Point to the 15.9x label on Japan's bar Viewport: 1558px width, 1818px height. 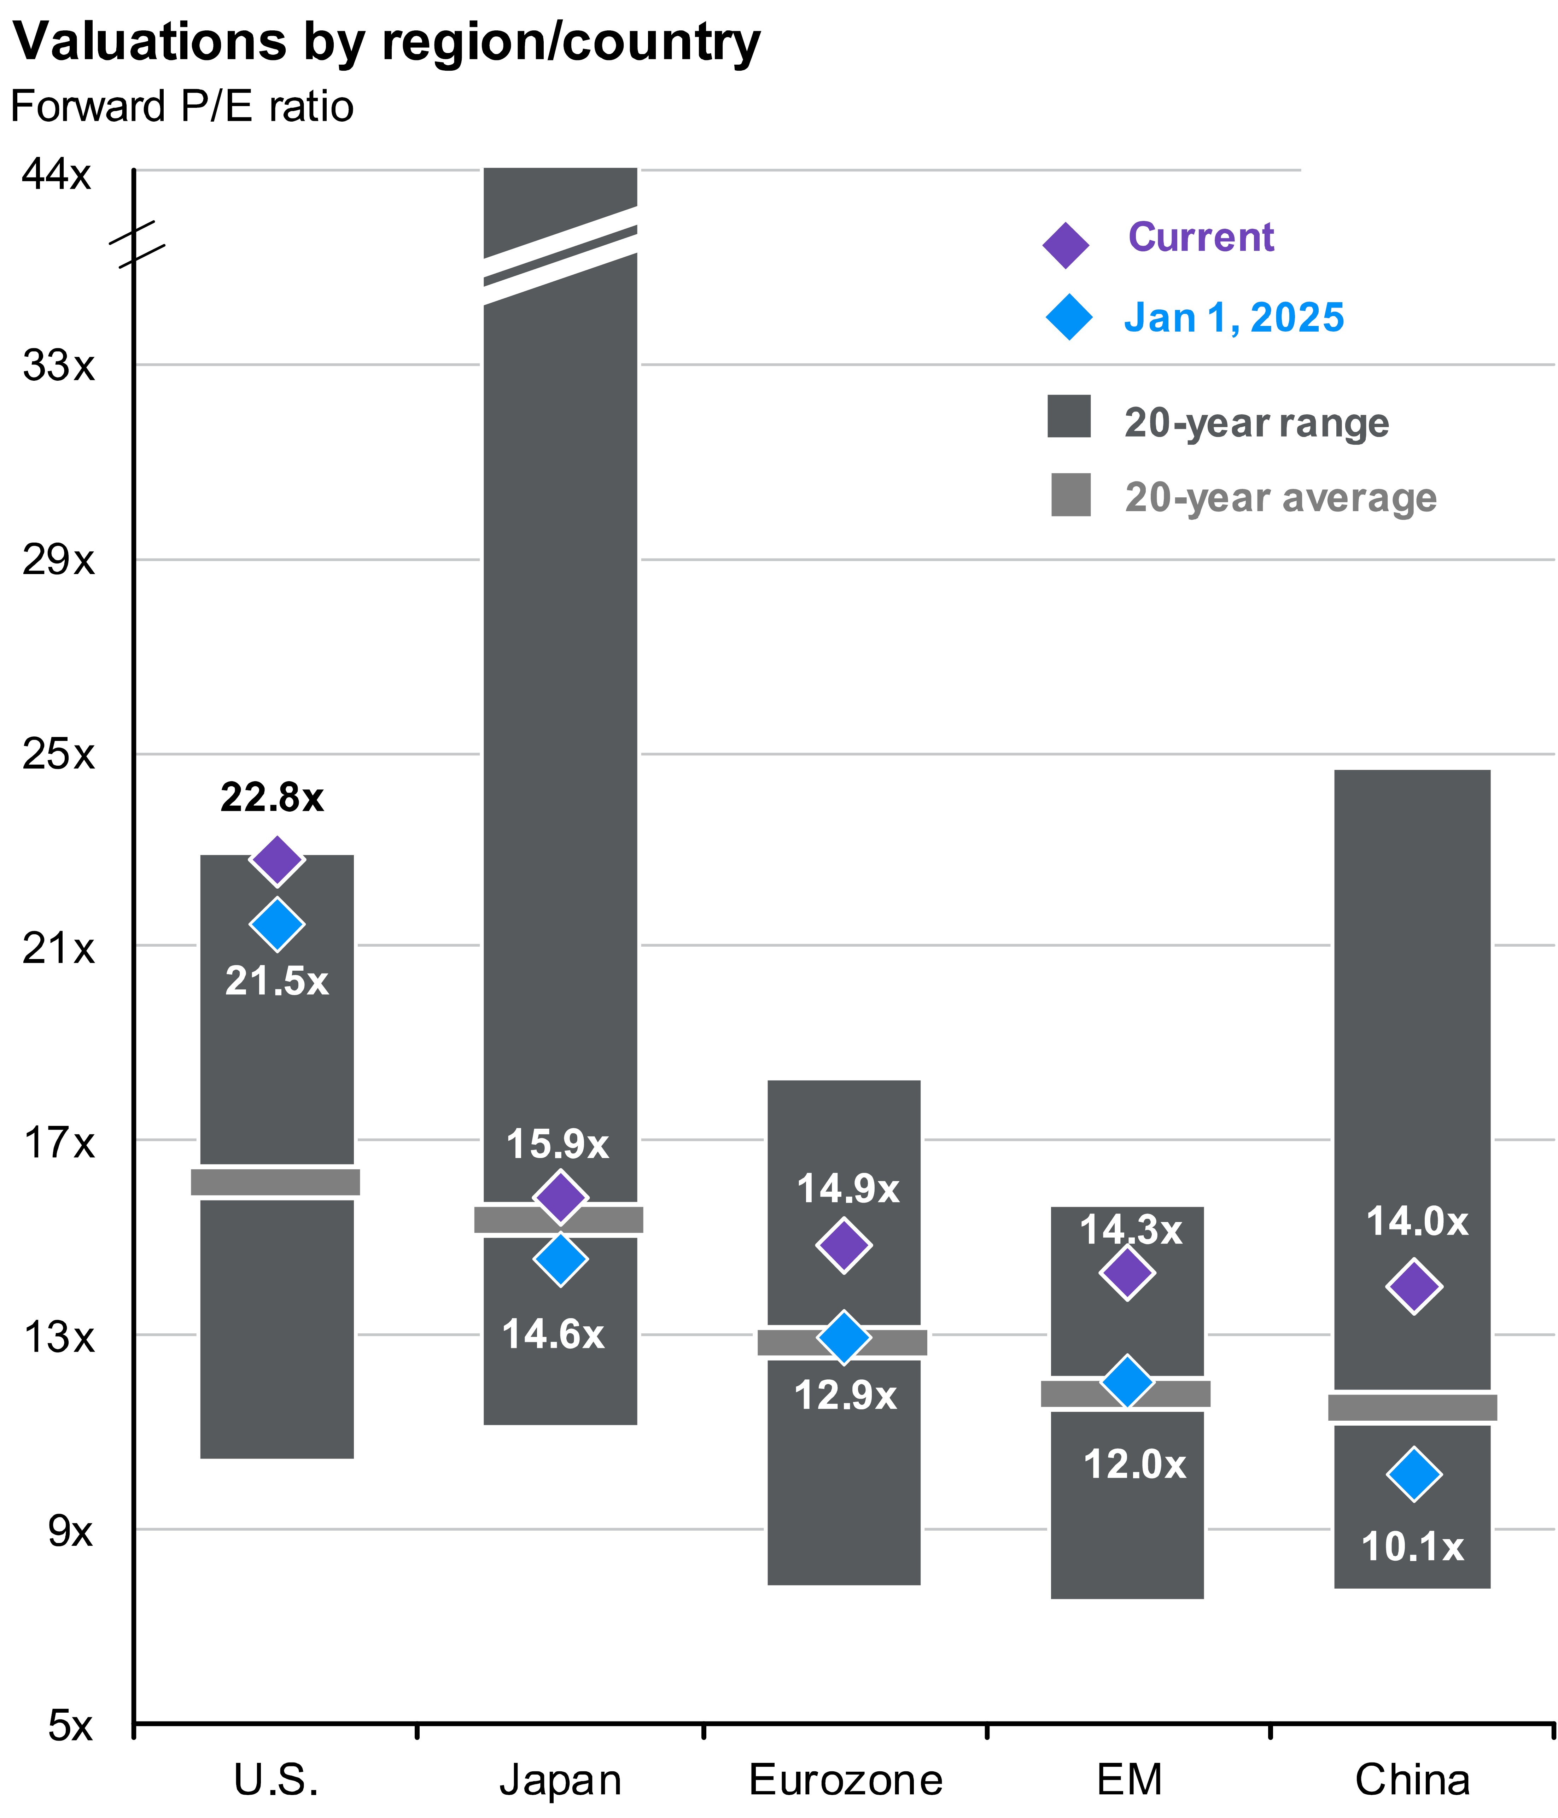click(x=558, y=1144)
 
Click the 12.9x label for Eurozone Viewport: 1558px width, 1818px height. click(x=845, y=1395)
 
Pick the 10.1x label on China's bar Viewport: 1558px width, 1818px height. click(x=1412, y=1546)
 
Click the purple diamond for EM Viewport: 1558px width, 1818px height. click(x=1127, y=1272)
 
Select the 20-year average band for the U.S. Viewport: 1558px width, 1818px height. click(x=276, y=1182)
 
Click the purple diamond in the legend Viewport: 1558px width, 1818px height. click(x=1066, y=245)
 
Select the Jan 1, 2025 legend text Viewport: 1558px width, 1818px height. click(x=1233, y=318)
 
